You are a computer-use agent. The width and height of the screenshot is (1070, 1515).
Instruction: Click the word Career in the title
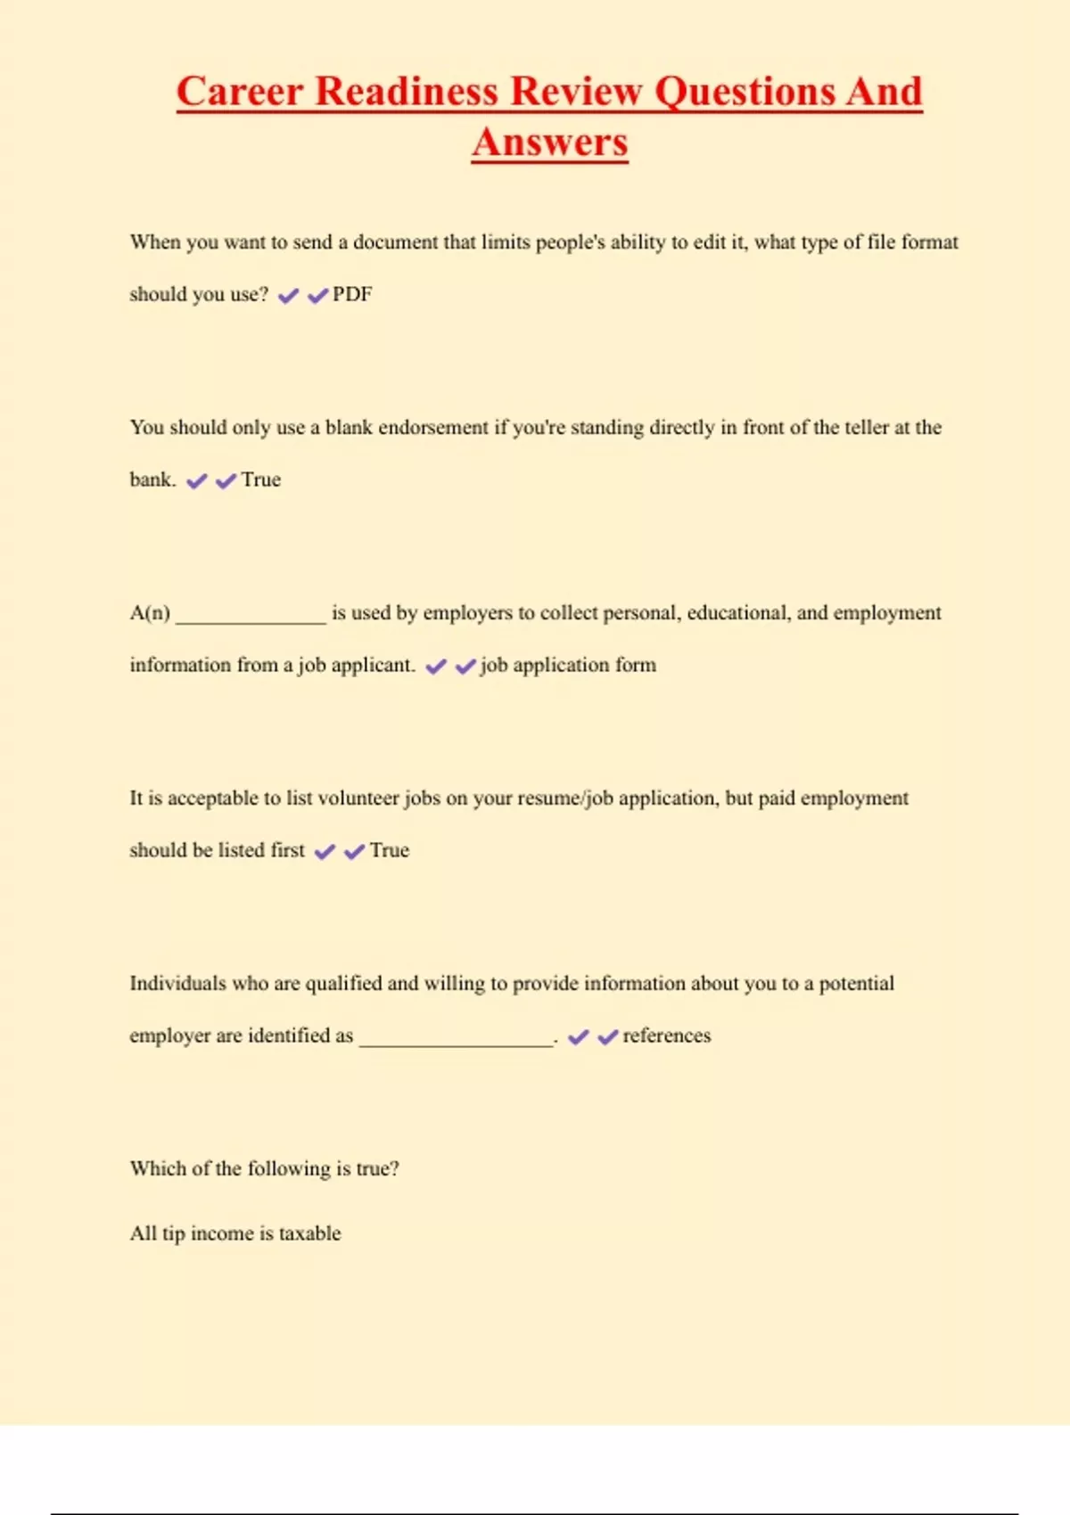(x=239, y=92)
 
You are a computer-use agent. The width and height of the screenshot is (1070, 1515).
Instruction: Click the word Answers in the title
(x=550, y=143)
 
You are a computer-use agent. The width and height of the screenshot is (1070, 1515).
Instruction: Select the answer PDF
(x=352, y=295)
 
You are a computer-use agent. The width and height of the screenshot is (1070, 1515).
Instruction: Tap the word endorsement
(x=433, y=428)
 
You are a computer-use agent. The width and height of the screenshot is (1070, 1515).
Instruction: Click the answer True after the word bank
(x=260, y=480)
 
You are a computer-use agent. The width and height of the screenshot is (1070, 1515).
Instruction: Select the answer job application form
(x=568, y=666)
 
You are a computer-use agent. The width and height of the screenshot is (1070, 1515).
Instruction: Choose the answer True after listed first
(x=390, y=851)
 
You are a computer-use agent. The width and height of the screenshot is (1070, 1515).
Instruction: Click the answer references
(x=666, y=1036)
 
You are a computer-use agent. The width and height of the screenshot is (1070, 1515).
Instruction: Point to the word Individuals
(x=177, y=984)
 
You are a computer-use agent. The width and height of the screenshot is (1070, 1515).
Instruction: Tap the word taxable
(x=309, y=1234)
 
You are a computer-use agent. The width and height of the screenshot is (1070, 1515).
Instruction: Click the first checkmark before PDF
(x=288, y=296)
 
